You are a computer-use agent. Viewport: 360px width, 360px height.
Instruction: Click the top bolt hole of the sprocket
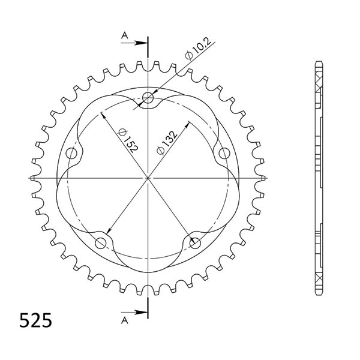tap(148, 98)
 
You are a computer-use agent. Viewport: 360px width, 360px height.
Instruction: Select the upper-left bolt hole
tap(73, 153)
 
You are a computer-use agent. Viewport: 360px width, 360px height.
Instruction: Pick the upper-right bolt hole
tap(224, 153)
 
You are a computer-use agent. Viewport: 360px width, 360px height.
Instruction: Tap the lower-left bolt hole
tap(101, 242)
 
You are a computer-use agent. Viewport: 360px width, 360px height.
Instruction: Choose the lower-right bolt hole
tap(195, 242)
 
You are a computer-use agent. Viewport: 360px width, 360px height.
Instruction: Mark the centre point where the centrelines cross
tap(148, 178)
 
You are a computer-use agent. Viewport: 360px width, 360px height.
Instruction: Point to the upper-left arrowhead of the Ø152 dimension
tap(104, 115)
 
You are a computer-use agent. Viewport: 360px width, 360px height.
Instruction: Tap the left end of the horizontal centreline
tap(29, 178)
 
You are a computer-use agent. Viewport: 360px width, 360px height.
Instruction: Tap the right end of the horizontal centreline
tap(267, 178)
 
